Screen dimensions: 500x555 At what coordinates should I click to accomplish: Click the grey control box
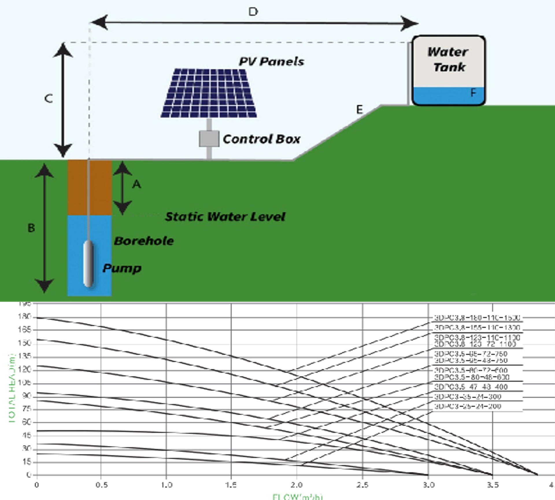pyautogui.click(x=209, y=139)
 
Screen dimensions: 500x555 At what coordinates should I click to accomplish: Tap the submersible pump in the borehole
pyautogui.click(x=88, y=264)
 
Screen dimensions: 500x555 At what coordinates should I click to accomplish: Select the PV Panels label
pyautogui.click(x=271, y=61)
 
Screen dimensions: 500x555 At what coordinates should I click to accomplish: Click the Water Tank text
pyautogui.click(x=448, y=59)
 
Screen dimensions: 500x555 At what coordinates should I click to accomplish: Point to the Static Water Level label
pyautogui.click(x=225, y=217)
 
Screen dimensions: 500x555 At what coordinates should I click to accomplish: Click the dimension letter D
pyautogui.click(x=253, y=12)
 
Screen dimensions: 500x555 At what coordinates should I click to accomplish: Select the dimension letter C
pyautogui.click(x=49, y=99)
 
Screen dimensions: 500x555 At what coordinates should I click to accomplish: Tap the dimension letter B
pyautogui.click(x=31, y=228)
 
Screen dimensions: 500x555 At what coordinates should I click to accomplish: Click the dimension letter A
pyautogui.click(x=136, y=184)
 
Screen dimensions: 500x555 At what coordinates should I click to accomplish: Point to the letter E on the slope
pyautogui.click(x=359, y=110)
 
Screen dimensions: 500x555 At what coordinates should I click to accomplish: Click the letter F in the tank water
pyautogui.click(x=473, y=93)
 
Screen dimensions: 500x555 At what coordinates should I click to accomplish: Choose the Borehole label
pyautogui.click(x=144, y=241)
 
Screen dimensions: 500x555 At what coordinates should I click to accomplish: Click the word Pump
pyautogui.click(x=122, y=268)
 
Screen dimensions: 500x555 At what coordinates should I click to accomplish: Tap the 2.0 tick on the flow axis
pyautogui.click(x=297, y=485)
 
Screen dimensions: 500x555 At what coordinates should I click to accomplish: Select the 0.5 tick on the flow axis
pyautogui.click(x=101, y=485)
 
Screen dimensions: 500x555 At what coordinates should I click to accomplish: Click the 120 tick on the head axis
pyautogui.click(x=24, y=370)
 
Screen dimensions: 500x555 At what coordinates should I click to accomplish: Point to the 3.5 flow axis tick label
pyautogui.click(x=493, y=485)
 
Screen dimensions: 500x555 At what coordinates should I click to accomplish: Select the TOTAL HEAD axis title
pyautogui.click(x=12, y=388)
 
